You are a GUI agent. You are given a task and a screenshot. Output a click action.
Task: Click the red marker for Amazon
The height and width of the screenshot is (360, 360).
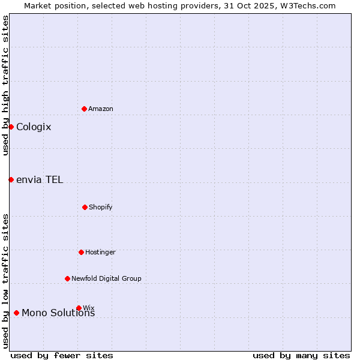pos(84,109)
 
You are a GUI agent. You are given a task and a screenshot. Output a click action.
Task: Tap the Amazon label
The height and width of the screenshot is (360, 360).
pos(101,109)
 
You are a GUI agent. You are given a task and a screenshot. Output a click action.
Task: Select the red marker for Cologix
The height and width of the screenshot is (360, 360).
pos(11,127)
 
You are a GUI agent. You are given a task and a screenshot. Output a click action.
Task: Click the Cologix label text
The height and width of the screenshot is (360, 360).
pos(34,127)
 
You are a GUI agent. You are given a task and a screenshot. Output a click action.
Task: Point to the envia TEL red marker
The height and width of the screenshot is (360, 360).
pos(11,179)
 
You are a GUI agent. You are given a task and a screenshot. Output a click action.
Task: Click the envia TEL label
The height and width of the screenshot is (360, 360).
pos(40,180)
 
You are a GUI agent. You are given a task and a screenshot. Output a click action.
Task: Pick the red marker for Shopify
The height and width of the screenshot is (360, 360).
pos(85,207)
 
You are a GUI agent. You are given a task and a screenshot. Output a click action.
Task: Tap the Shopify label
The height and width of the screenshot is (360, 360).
pos(101,208)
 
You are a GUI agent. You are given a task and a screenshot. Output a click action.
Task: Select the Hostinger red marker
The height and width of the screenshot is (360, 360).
pos(81,252)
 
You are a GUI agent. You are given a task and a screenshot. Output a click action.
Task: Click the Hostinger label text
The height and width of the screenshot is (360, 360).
pos(100,253)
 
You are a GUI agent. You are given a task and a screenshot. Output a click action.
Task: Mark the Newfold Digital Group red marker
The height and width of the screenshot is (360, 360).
pos(67,278)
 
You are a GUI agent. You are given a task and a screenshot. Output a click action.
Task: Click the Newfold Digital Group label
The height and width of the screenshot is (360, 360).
pos(107,279)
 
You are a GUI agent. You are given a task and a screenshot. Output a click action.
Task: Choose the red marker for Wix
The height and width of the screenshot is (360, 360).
pos(79,308)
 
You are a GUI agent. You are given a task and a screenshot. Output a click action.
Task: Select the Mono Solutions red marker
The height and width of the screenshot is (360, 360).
pos(16,313)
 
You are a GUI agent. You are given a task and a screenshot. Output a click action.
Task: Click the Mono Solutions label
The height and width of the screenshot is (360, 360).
pos(58,313)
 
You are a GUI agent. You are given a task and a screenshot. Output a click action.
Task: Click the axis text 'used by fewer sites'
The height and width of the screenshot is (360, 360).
pos(62,355)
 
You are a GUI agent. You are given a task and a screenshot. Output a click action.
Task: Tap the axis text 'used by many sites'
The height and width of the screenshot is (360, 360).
pos(301,355)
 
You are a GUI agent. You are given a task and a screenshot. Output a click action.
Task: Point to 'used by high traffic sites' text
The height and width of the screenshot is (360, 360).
pos(5,85)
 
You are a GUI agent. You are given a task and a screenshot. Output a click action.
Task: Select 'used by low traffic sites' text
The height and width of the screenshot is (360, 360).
pos(5,281)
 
